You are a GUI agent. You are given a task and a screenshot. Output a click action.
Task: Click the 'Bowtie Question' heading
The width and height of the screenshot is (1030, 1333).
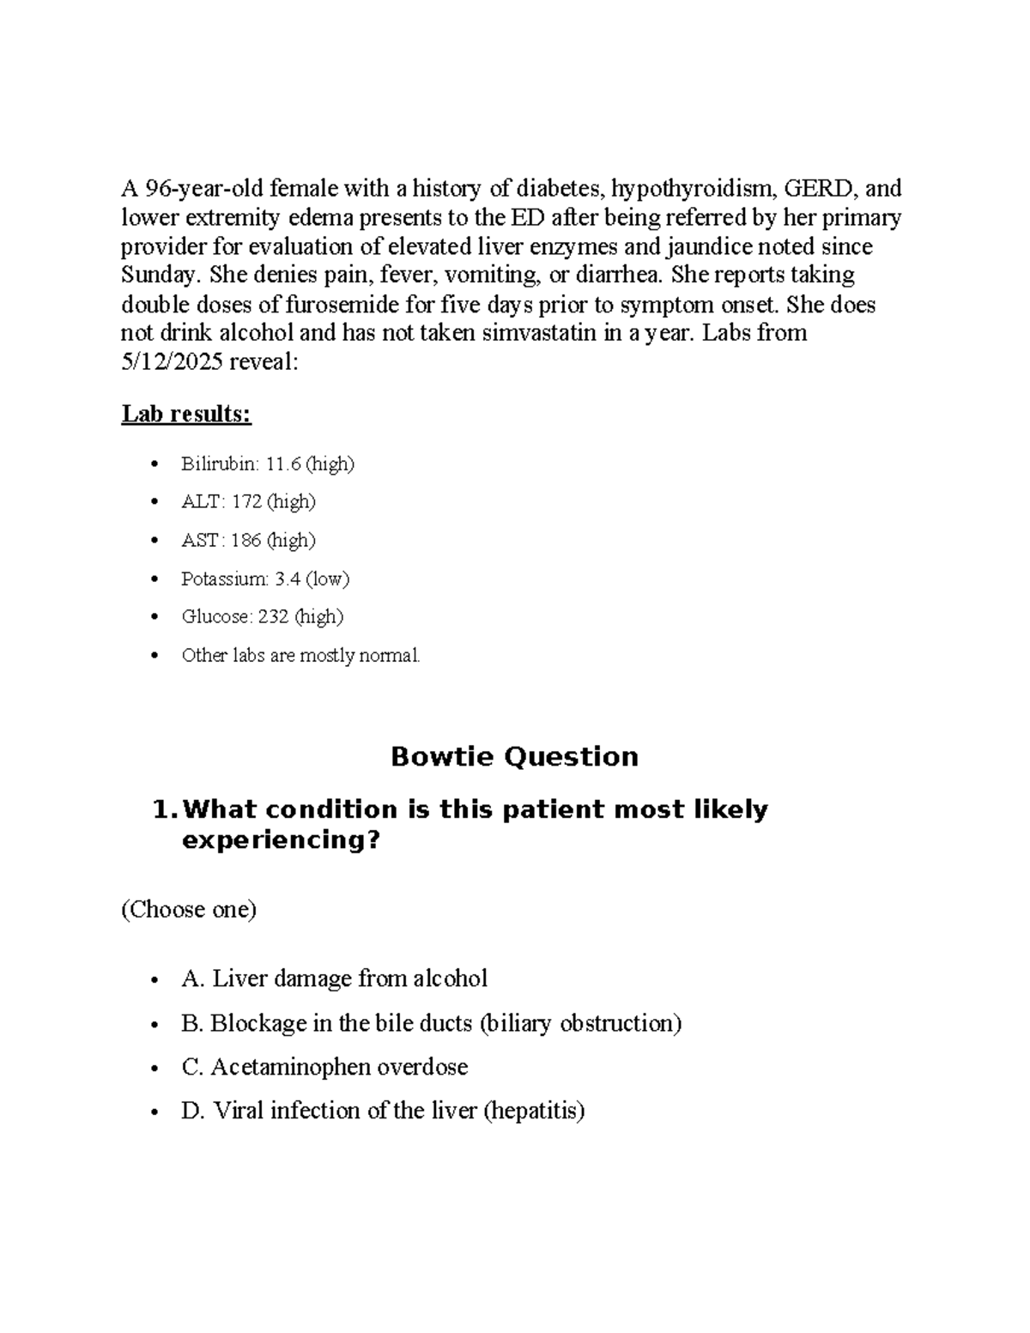click(x=514, y=757)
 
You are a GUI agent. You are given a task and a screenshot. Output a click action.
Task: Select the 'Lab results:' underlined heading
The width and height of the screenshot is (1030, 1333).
click(x=186, y=415)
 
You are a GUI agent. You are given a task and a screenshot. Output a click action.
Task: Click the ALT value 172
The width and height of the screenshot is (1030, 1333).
click(x=246, y=502)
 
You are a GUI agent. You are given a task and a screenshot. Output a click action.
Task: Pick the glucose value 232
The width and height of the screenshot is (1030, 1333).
click(x=273, y=617)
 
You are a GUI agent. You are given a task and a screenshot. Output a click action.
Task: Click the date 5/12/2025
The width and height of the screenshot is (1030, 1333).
click(x=171, y=362)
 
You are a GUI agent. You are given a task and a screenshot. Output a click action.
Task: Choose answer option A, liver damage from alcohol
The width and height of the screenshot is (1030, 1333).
click(x=335, y=979)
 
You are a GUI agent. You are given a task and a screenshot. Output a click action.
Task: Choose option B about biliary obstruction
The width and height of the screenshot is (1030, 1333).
click(x=431, y=1023)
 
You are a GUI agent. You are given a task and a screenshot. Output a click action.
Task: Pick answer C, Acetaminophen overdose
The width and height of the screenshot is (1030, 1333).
click(x=324, y=1067)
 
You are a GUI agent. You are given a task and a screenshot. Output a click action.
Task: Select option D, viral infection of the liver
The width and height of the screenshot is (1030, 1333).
click(x=383, y=1111)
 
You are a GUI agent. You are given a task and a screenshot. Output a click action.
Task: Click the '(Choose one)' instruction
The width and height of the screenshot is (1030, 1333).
click(x=189, y=910)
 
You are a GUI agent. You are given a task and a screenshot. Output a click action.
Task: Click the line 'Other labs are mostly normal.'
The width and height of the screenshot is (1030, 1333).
click(x=300, y=656)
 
